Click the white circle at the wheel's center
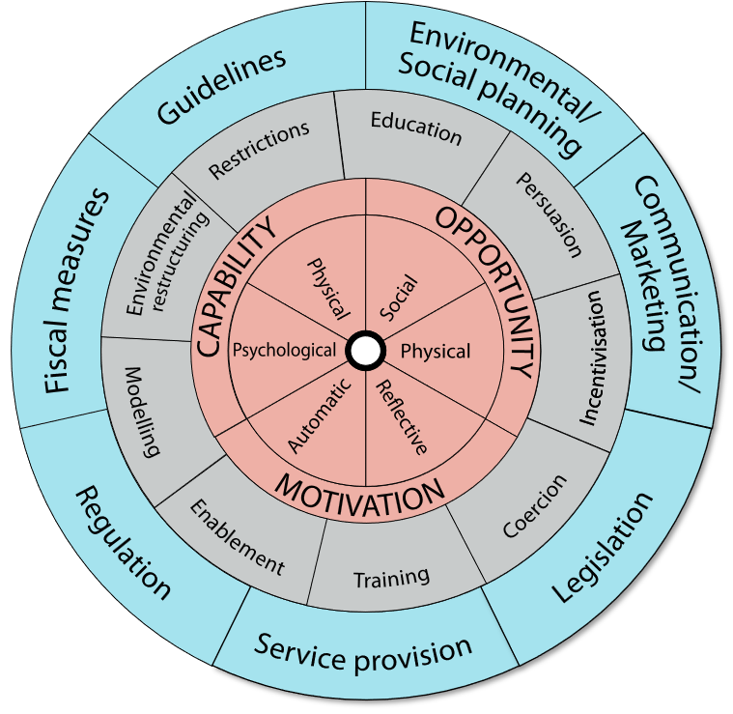pos(366,351)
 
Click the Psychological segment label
pos(284,350)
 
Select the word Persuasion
pos(549,214)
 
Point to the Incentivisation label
pos(590,357)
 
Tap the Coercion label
pos(536,506)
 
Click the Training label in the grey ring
pos(391,578)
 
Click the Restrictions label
pos(260,150)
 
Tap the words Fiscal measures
pos(77,290)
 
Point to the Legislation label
pos(603,547)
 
